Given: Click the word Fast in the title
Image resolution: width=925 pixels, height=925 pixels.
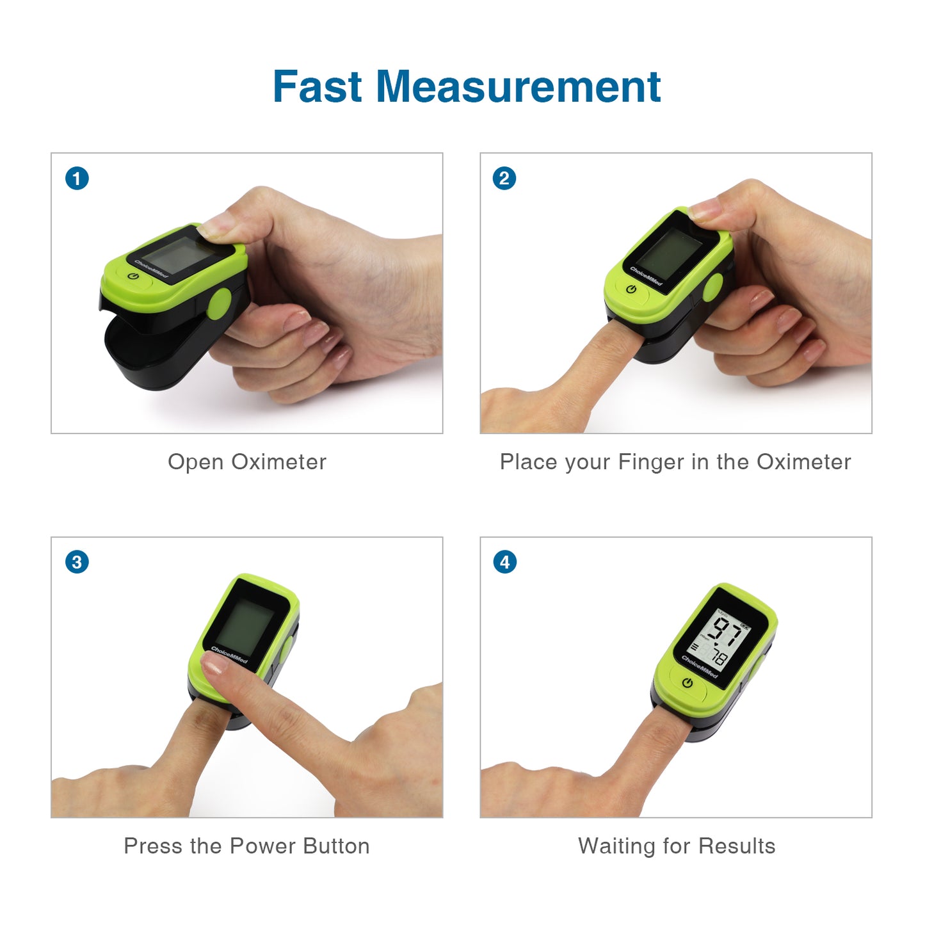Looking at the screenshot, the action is [x=317, y=87].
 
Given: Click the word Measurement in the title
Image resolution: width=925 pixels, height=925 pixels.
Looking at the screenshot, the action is [x=519, y=87].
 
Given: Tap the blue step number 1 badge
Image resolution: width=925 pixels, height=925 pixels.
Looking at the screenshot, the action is [x=77, y=179].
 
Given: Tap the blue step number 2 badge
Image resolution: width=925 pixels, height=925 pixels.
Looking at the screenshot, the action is [x=504, y=179].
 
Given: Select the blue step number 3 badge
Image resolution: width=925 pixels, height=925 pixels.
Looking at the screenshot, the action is [x=77, y=562].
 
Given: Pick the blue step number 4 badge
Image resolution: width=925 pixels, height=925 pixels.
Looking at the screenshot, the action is [x=504, y=562].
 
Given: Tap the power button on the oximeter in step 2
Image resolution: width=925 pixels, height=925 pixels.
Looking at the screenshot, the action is [x=631, y=289].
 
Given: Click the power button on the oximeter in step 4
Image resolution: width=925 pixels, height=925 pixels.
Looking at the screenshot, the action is [x=688, y=683].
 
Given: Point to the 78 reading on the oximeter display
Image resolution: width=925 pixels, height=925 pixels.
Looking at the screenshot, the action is [x=718, y=656].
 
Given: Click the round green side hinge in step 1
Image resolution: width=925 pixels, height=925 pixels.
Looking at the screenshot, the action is [x=219, y=303].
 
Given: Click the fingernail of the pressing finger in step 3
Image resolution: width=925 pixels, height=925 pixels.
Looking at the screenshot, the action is [x=214, y=664].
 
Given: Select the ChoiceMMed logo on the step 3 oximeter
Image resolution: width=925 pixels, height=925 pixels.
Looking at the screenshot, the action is [x=229, y=655].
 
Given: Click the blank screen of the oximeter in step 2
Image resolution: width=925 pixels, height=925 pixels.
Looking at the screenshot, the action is [x=670, y=254].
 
